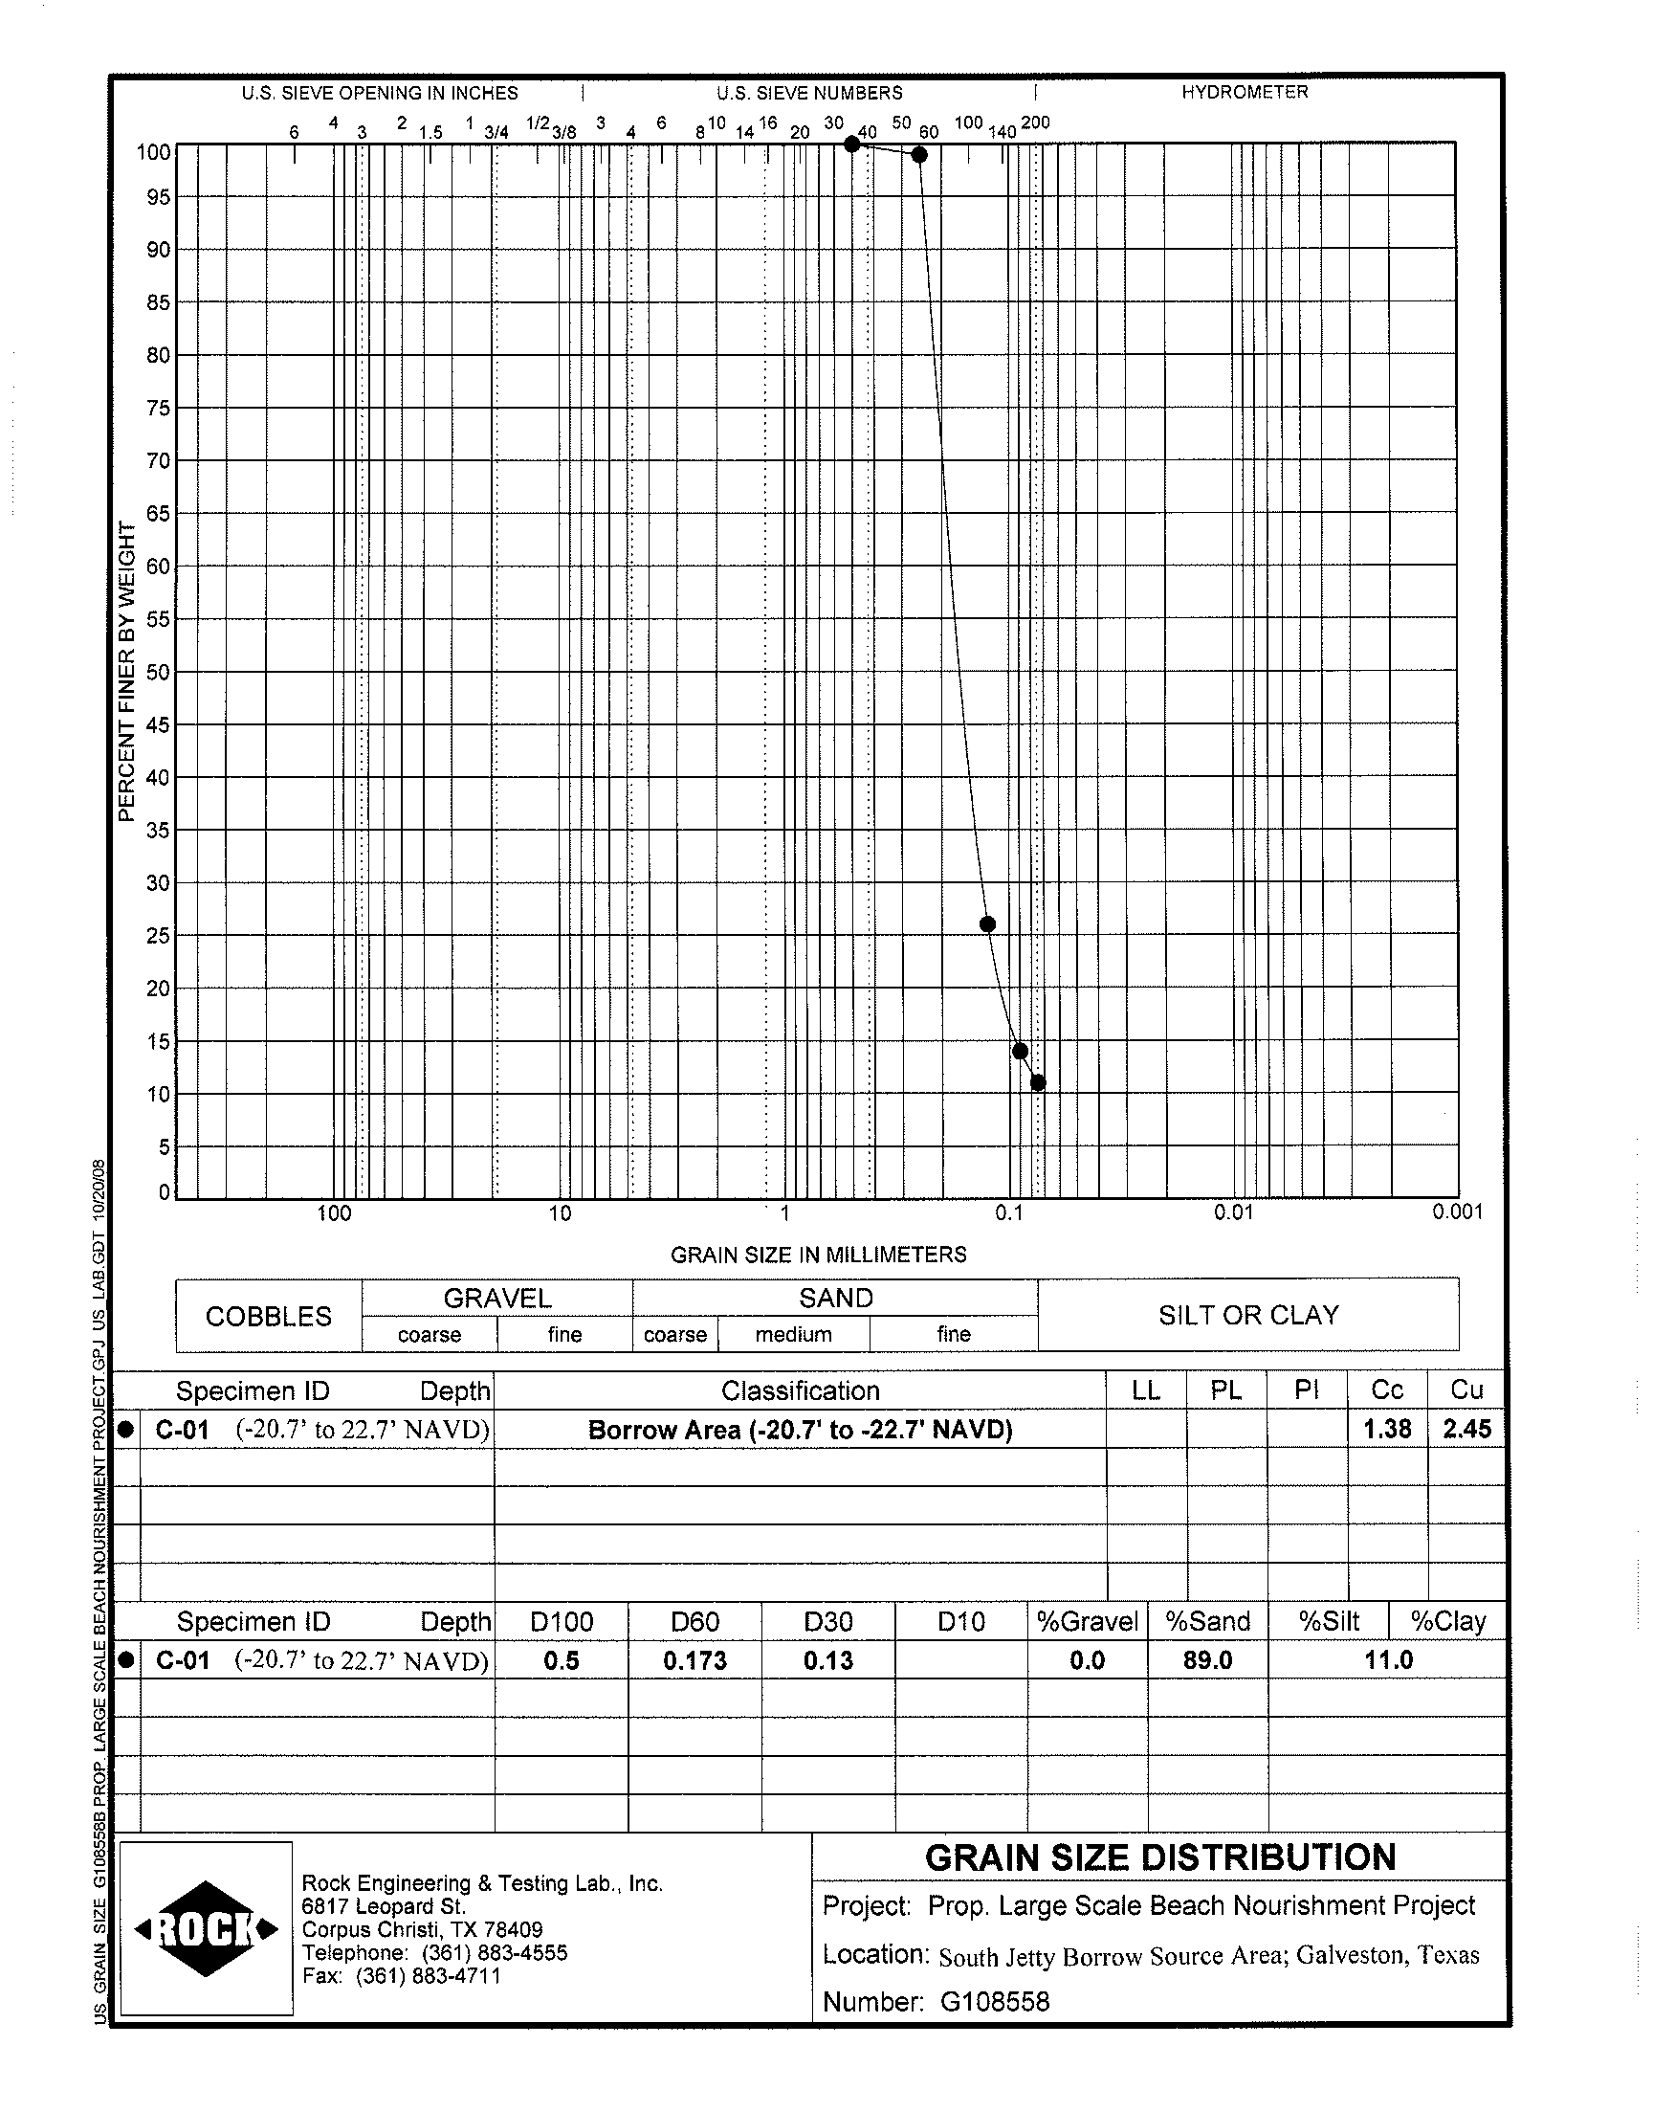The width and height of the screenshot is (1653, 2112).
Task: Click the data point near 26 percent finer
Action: (987, 923)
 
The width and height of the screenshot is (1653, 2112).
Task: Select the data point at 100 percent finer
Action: (851, 145)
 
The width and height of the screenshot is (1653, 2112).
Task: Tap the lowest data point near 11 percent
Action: (1038, 1082)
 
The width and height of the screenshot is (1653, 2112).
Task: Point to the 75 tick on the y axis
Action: (158, 409)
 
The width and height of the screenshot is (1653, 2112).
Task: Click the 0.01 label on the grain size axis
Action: (1233, 1212)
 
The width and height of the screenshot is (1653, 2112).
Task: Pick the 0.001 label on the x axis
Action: (1457, 1212)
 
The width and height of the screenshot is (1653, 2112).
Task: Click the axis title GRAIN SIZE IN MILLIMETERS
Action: (818, 1255)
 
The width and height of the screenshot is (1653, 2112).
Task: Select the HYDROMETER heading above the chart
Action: (1244, 92)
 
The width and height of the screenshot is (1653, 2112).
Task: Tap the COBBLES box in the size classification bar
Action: (268, 1316)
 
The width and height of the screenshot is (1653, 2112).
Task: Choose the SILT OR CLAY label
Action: (1248, 1315)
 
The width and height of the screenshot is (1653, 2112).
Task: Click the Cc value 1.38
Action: (1387, 1429)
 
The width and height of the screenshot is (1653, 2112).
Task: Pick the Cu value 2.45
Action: (1466, 1429)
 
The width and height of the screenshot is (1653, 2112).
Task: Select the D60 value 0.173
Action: (694, 1661)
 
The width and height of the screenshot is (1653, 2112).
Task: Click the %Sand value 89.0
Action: (1207, 1661)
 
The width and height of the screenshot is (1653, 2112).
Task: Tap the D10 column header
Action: (960, 1621)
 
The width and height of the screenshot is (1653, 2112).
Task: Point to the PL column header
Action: (1225, 1389)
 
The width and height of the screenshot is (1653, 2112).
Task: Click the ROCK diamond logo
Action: (206, 1929)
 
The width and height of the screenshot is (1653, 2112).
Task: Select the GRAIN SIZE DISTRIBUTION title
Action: (1159, 1857)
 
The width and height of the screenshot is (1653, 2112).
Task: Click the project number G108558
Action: (994, 2002)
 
